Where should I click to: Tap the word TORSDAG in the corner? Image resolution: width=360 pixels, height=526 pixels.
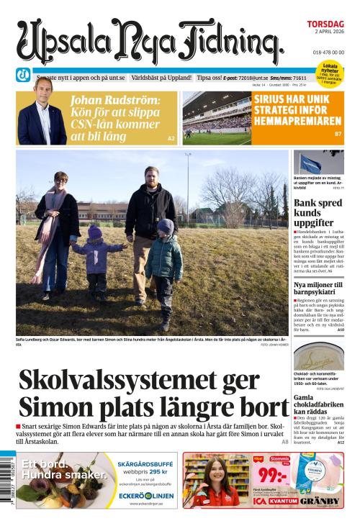(x=325, y=24)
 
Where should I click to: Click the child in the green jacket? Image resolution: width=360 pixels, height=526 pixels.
(x=165, y=255)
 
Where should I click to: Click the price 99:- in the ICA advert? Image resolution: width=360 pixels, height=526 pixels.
(x=274, y=476)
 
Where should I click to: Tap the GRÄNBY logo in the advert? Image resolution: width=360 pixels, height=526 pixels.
(x=320, y=501)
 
